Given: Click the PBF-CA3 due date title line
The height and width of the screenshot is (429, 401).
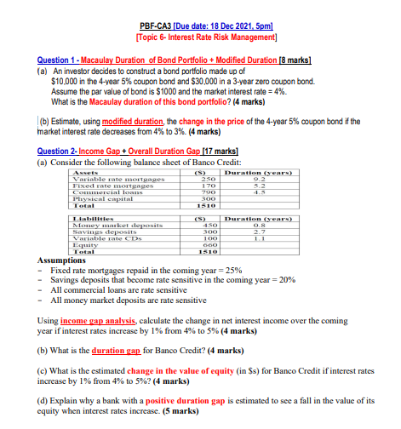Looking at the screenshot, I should coord(200,28).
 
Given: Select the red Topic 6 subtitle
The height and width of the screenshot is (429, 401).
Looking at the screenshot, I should coord(200,39).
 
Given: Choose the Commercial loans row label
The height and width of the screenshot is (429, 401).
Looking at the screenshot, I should coord(101,192).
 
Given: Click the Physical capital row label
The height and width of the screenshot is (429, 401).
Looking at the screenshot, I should coord(98,198).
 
